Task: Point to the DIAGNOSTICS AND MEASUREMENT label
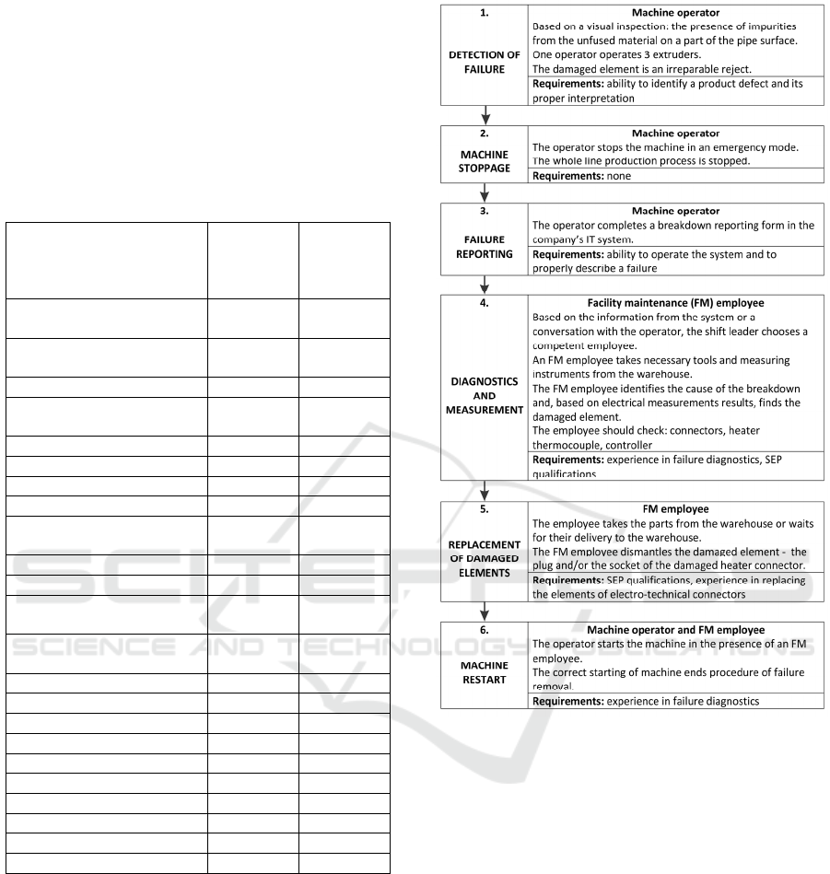click(x=485, y=396)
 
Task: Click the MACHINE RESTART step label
click(x=485, y=670)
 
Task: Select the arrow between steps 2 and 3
click(x=485, y=192)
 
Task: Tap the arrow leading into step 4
click(x=485, y=286)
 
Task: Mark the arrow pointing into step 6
click(x=485, y=612)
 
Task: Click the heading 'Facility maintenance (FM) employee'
click(x=676, y=300)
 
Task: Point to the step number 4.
click(x=485, y=300)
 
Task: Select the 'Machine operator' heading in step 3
click(x=676, y=211)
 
